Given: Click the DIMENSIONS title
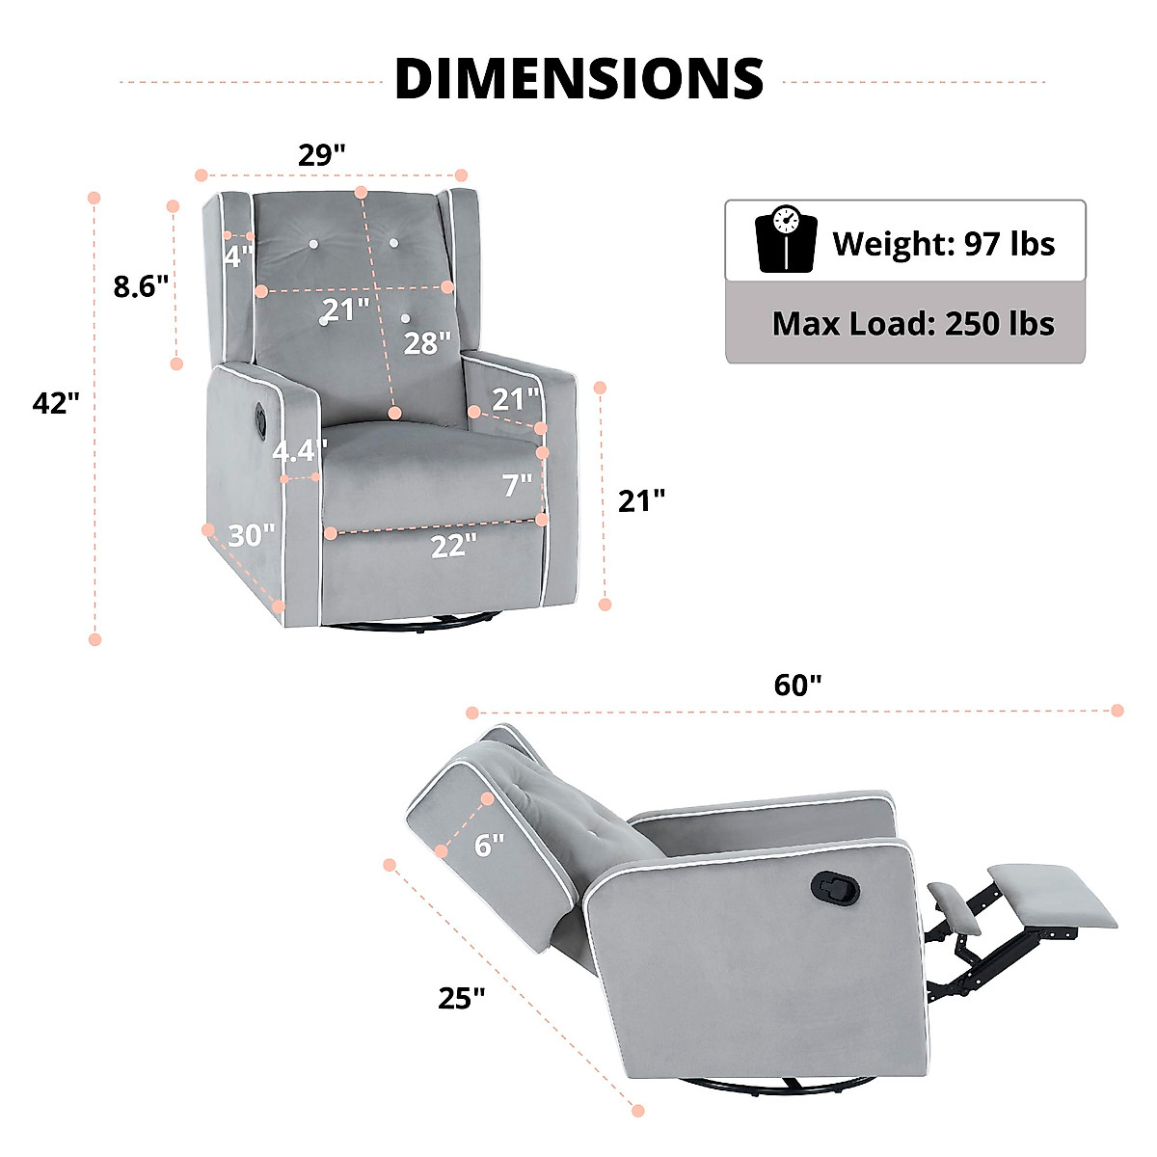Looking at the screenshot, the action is point(578,79).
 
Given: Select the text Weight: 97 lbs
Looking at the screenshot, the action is point(943,244).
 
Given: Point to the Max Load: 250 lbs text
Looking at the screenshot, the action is point(913,324).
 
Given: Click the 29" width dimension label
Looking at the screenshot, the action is point(322,155).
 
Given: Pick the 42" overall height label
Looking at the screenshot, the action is point(56,402).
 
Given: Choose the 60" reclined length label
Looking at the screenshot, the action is point(797,686).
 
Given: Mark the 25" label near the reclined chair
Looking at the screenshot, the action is point(461,998).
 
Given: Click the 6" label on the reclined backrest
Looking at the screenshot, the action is point(490,846).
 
